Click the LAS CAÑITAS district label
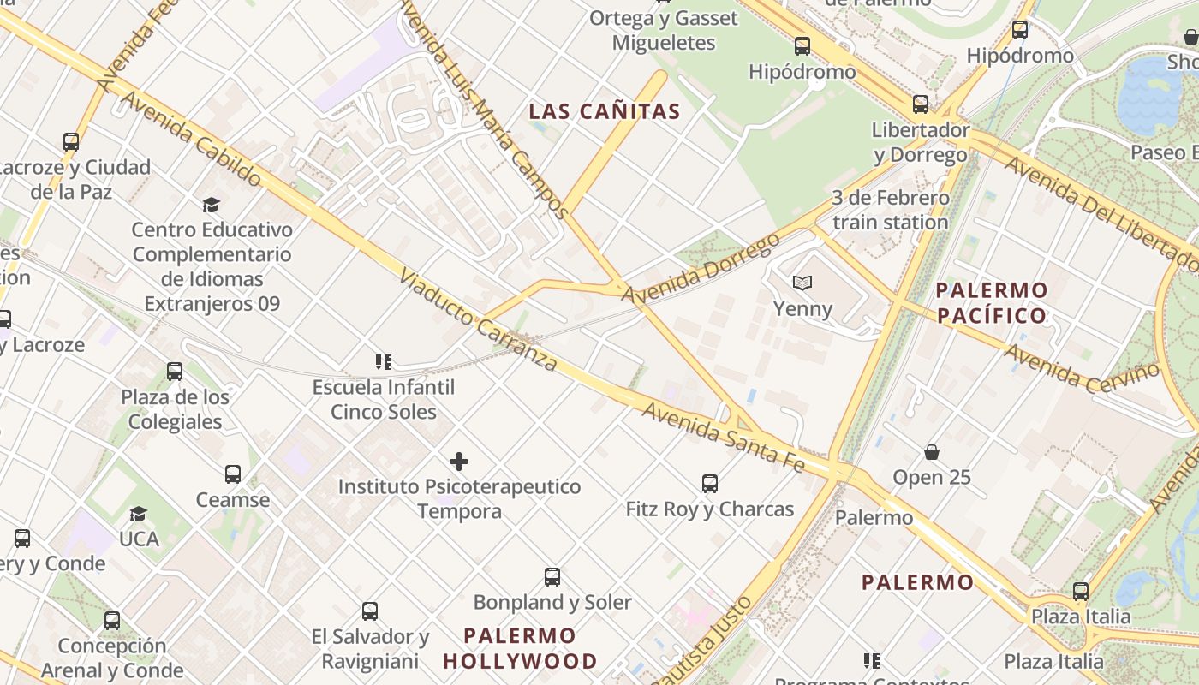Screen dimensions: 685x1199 tap(604, 111)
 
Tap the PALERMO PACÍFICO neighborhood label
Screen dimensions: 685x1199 tap(992, 302)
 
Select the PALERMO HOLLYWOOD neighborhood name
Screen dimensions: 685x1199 tap(520, 648)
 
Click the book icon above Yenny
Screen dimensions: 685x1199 tap(802, 283)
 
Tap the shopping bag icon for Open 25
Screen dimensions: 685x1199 tap(932, 451)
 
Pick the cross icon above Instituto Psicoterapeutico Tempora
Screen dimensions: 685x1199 tap(459, 462)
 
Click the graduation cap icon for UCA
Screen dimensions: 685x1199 tap(138, 514)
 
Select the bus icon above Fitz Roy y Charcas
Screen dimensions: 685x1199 tap(710, 484)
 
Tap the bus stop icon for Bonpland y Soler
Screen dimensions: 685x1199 tap(552, 577)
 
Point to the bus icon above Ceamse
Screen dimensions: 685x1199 tap(232, 474)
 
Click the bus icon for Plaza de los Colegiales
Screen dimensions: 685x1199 tap(175, 372)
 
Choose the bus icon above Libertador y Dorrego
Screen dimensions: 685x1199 tap(921, 104)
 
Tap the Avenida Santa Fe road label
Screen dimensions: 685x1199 tap(724, 437)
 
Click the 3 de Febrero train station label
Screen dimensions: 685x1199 tap(891, 210)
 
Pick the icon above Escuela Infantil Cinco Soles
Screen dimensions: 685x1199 tap(384, 362)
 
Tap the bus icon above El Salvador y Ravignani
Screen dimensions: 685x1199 tap(370, 611)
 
